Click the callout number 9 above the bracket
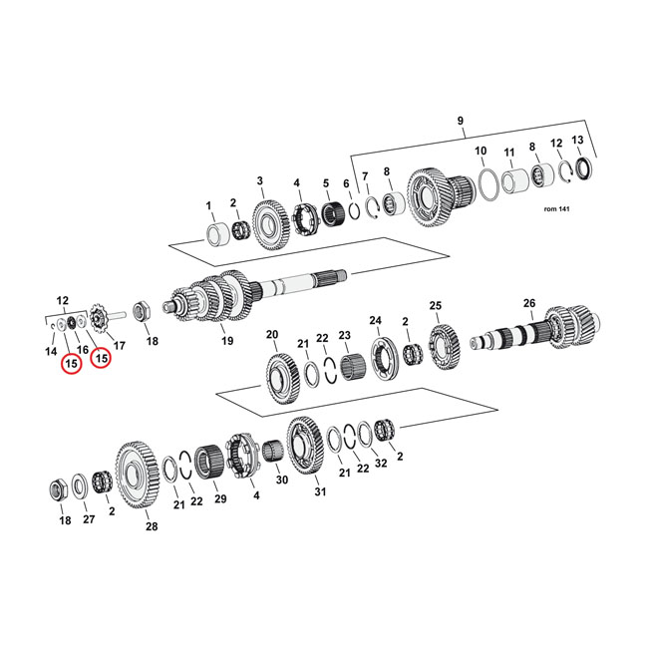click(461, 121)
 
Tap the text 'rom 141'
click(556, 209)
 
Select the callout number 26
click(529, 303)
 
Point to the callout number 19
click(227, 341)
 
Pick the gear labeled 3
click(270, 225)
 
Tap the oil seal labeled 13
click(584, 168)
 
